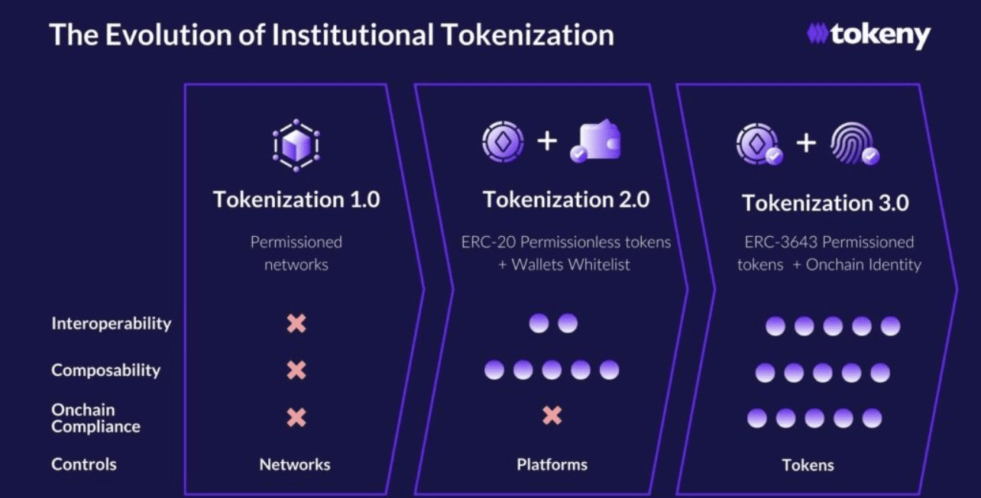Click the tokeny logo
coord(869,35)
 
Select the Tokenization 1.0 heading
coord(296,199)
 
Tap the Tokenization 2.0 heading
coord(566,199)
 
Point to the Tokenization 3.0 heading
coord(825,203)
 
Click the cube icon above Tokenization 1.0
coord(296,144)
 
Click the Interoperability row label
coord(112,323)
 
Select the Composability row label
coord(106,370)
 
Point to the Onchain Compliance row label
coord(96,418)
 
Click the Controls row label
coord(84,464)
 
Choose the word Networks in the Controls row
coord(295,464)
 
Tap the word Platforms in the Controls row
coord(552,464)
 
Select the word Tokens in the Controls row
coord(808,465)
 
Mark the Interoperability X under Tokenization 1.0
coord(296,324)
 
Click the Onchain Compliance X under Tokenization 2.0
coord(552,416)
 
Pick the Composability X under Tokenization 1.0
coord(296,370)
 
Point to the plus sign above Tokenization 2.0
coord(547,142)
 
